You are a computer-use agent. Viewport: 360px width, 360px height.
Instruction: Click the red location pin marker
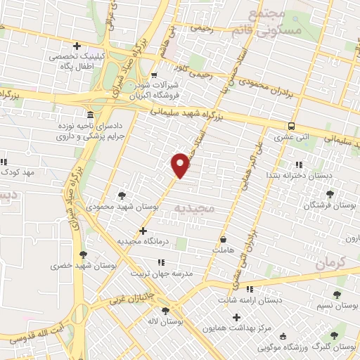click(x=181, y=165)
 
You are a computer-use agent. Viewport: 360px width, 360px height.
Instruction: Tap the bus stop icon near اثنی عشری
click(x=290, y=126)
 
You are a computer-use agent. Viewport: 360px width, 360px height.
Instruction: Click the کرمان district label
click(x=331, y=264)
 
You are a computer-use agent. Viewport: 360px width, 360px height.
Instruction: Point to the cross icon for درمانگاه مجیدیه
click(x=143, y=231)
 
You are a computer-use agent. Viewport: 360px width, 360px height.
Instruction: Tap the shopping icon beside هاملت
click(x=224, y=239)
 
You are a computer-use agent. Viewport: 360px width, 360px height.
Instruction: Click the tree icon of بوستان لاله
click(x=165, y=311)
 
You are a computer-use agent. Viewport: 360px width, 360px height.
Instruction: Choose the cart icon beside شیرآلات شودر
click(x=154, y=75)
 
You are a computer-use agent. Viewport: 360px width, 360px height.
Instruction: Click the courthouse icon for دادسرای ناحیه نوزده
click(x=90, y=115)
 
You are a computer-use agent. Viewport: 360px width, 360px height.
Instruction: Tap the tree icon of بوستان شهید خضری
click(x=84, y=255)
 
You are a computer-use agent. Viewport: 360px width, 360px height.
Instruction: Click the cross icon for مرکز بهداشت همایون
click(x=236, y=317)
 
